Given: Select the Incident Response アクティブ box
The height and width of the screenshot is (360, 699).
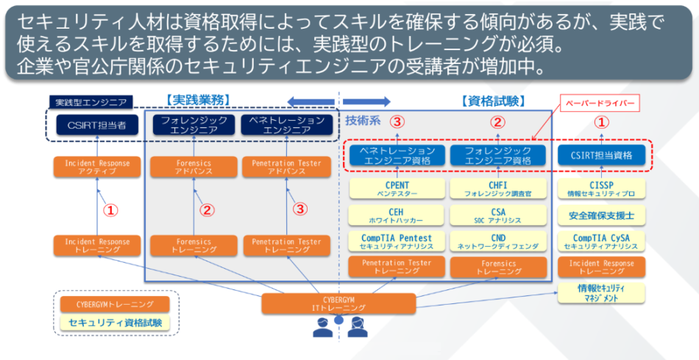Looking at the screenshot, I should point(97,166).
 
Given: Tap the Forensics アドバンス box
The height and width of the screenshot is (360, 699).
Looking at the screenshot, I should point(194,166).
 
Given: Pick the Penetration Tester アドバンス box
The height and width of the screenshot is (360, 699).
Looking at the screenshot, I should point(286,166).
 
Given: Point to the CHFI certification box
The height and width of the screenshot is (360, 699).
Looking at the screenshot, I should point(498,189).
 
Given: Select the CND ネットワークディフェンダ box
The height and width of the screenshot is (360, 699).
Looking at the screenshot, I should point(498,241).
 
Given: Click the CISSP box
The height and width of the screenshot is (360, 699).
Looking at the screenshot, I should point(602,189).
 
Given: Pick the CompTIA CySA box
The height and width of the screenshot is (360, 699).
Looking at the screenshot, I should point(602,241).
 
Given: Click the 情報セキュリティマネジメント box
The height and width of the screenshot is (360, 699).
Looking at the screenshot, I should point(602,293).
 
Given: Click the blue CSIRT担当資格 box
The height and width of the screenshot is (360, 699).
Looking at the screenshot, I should point(602,155).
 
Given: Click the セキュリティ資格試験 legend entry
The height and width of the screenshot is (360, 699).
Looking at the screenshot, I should point(115,322).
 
